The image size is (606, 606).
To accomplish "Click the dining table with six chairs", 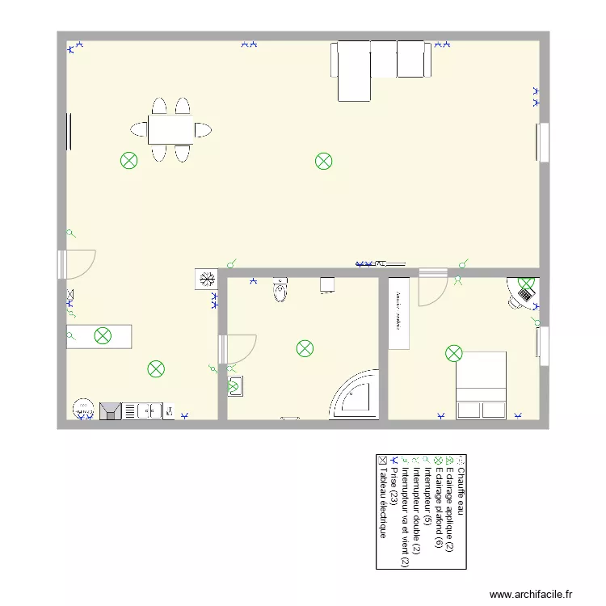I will (x=170, y=129).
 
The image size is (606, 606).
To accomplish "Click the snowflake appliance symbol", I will (x=206, y=280).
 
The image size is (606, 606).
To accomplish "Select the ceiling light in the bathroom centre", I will (x=305, y=349).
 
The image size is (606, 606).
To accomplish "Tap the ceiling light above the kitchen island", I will (x=103, y=336).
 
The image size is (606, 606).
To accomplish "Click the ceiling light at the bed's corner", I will (x=454, y=353).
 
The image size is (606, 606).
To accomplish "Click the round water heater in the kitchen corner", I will (x=82, y=409).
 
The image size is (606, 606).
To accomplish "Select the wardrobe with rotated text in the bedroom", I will (x=399, y=314).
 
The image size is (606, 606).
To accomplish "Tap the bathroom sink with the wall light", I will (x=234, y=387).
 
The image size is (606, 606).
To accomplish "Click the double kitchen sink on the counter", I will (x=149, y=411).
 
